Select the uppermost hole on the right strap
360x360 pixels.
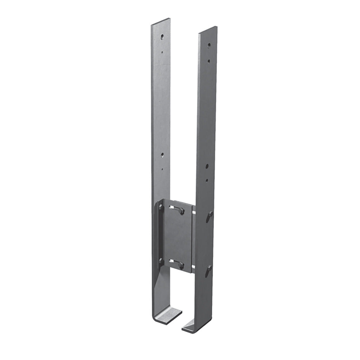(x=209, y=45)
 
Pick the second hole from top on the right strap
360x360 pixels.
(x=209, y=60)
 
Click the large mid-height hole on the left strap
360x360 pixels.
(x=162, y=154)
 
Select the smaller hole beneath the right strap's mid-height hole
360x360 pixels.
(x=207, y=180)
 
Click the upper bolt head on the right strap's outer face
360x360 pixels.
(x=210, y=214)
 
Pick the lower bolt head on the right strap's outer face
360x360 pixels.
(x=209, y=270)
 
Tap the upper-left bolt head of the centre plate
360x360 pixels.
(x=161, y=207)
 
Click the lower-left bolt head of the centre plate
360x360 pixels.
(x=161, y=261)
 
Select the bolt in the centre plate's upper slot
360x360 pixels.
(x=181, y=211)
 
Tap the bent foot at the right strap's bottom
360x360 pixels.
(x=193, y=326)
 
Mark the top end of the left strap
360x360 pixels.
(x=161, y=27)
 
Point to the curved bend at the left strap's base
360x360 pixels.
(x=155, y=314)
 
